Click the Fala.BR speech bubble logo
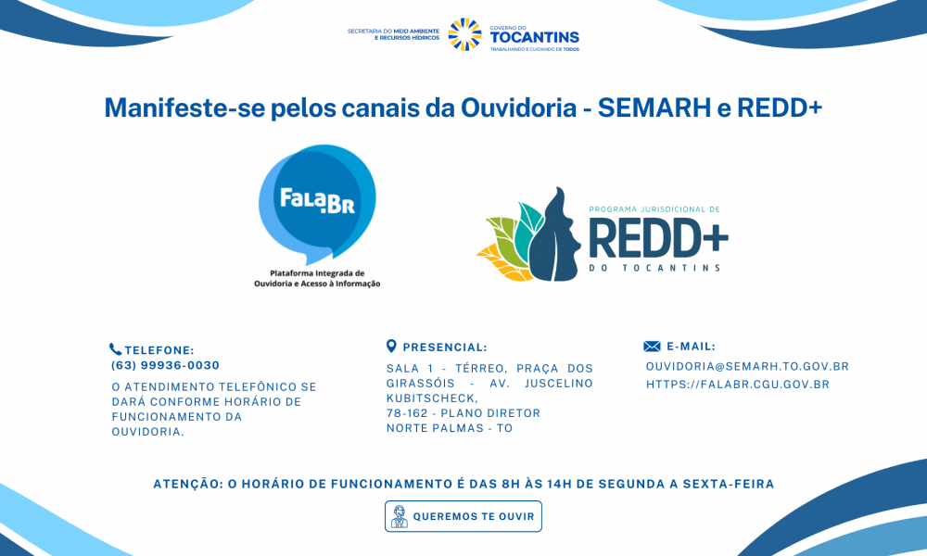317,203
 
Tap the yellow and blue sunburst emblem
464,34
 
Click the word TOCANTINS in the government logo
535,37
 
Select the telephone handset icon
115,349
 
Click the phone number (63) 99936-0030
166,366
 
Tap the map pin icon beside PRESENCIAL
391,347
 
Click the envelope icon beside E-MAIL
652,347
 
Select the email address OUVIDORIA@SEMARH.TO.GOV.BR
747,366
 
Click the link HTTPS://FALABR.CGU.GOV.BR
738,385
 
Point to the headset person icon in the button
400,516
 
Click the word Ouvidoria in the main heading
518,107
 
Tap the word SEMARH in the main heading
654,107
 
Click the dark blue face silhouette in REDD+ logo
554,235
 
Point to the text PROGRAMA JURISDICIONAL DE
654,209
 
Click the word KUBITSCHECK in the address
432,398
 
